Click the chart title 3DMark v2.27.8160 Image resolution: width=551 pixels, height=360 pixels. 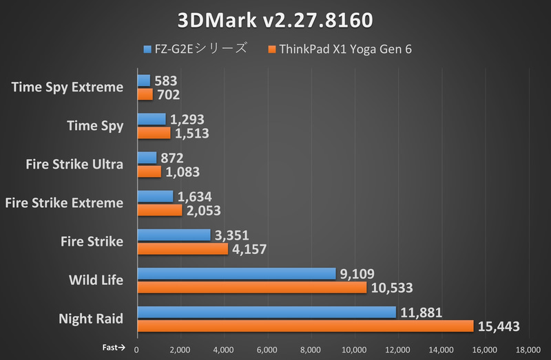275,20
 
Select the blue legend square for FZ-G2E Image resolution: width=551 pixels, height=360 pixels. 147,49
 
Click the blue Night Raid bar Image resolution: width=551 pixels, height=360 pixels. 267,312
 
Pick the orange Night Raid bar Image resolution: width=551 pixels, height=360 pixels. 305,326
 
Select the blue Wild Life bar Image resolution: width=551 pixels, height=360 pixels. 236,273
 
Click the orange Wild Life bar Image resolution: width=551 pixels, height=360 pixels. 252,287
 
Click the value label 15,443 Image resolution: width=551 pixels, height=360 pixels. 499,326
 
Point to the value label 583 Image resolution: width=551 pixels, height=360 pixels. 165,81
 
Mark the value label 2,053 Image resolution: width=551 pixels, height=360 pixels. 204,210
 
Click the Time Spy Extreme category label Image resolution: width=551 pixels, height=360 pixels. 67,87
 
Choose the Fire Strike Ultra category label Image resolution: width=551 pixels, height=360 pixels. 74,164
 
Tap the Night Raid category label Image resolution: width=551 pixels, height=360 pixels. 91,319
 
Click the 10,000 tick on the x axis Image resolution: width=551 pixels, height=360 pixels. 354,350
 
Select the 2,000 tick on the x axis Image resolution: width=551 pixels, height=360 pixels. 180,350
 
